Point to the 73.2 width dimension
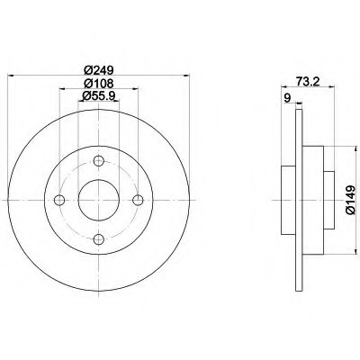pos(309,80)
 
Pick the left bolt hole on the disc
pos(61,200)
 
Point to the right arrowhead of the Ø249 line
pos(183,77)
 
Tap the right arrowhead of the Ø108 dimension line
pos(135,90)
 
